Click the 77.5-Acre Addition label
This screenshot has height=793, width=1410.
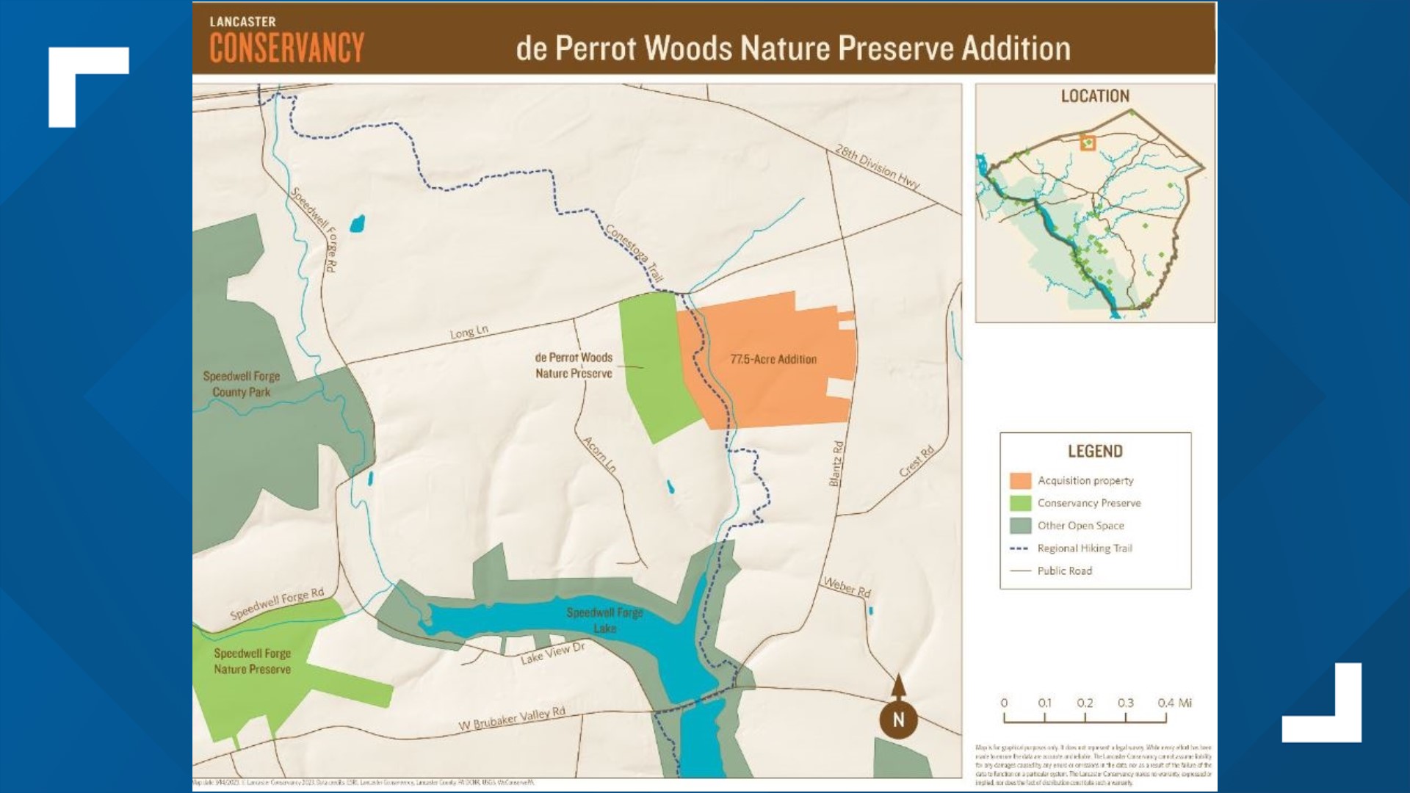coord(773,359)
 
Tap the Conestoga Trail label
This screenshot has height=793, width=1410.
coord(634,253)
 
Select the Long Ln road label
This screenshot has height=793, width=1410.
coord(469,332)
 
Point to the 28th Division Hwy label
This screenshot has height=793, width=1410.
coord(877,167)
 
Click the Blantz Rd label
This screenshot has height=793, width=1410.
coord(836,463)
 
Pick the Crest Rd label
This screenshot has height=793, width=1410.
coord(916,460)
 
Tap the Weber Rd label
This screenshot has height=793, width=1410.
coord(847,587)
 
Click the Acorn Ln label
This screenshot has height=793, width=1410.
coord(599,454)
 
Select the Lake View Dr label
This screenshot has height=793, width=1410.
coord(552,653)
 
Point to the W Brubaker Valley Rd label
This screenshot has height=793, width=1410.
coord(512,718)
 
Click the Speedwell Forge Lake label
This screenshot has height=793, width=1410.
coord(604,620)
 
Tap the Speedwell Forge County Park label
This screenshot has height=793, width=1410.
coord(242,384)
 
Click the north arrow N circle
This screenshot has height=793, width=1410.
coord(898,720)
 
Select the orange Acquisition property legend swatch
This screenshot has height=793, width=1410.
coord(1020,481)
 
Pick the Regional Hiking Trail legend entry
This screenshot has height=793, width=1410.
coord(1084,548)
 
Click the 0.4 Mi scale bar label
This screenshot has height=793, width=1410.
coord(1174,703)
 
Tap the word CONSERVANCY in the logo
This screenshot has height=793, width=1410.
coord(286,48)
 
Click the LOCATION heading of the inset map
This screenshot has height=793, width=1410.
coord(1094,96)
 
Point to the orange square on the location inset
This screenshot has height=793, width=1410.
coord(1088,143)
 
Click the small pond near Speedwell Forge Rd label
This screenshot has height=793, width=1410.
coord(357,223)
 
